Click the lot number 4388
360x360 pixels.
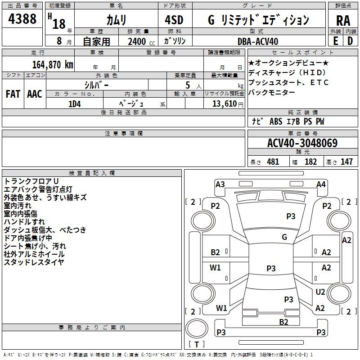[22, 19]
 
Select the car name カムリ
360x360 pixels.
[117, 20]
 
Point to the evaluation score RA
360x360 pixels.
[343, 21]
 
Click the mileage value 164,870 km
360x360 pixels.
[53, 64]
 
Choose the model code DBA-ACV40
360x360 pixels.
[258, 41]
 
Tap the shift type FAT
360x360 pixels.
[13, 94]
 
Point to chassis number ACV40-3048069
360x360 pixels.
[302, 143]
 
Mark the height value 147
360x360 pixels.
[346, 162]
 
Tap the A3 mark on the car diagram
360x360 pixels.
[220, 184]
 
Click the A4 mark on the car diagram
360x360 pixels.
[321, 184]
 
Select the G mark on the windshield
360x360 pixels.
[284, 237]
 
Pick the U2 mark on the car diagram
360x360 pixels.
[320, 292]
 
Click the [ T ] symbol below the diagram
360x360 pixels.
[197, 344]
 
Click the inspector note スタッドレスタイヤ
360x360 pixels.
[34, 262]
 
